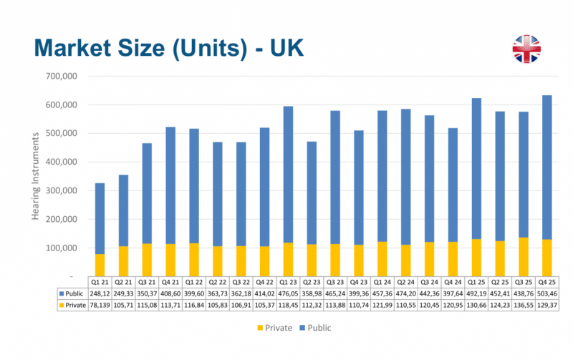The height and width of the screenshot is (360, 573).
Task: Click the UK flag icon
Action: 526,48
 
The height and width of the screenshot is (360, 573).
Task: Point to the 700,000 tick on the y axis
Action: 62,76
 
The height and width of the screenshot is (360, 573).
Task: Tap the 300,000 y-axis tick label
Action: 62,190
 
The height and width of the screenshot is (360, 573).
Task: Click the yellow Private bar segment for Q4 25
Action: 547,257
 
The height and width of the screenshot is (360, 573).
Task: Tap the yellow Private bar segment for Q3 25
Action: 524,256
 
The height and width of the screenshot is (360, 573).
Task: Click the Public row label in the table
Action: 72,293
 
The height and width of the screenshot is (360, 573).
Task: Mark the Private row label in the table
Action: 72,305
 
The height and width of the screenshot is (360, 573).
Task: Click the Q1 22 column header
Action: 194,281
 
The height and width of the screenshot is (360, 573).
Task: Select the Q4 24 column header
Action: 453,281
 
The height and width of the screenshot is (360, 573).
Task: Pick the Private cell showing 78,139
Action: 100,305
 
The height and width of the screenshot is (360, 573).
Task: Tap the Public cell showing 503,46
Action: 547,293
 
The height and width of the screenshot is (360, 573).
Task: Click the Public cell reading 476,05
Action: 289,293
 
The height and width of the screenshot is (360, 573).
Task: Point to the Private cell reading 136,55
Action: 524,305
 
